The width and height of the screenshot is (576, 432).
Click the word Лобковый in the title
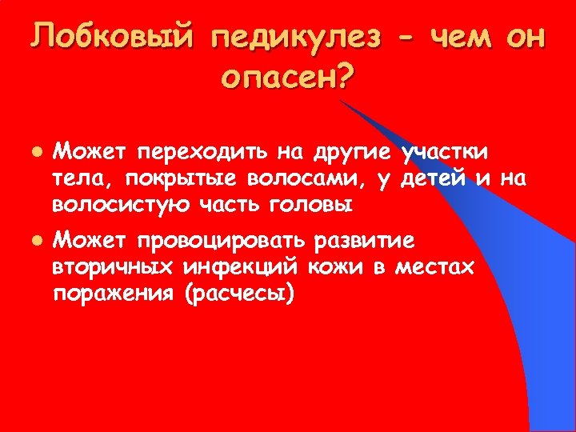[113, 36]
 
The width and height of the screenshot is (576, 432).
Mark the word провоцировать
[222, 239]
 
